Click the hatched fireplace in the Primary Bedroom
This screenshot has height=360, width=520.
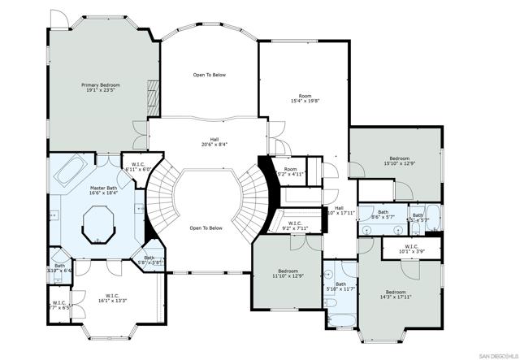(x=152, y=97)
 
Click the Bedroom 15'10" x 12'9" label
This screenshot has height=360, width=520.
(x=398, y=161)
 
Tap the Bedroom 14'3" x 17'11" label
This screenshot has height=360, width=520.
(x=396, y=295)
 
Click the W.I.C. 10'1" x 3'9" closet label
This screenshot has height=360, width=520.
(x=410, y=249)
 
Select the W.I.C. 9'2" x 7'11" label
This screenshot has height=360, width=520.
(x=294, y=226)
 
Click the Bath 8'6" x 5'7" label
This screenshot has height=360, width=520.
(x=383, y=215)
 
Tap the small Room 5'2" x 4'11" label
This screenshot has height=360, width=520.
(x=290, y=171)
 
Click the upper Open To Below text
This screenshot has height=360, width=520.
(x=209, y=75)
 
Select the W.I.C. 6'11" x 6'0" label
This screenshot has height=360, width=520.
(x=138, y=167)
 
